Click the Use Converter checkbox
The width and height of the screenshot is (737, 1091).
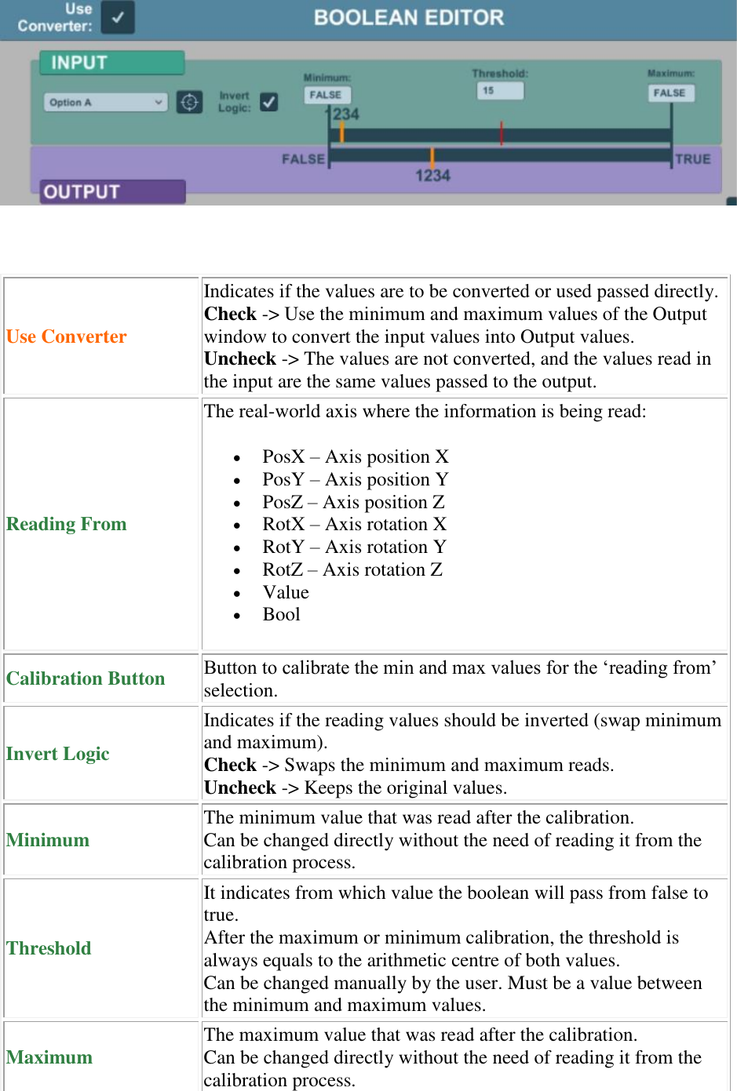click(x=118, y=17)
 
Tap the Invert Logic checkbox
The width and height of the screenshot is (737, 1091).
click(x=268, y=102)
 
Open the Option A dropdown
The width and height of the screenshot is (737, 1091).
click(x=105, y=102)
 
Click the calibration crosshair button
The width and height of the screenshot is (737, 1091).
click(x=189, y=102)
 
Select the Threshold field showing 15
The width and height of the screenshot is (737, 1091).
click(x=500, y=91)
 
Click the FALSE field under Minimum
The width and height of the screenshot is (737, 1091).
click(x=326, y=95)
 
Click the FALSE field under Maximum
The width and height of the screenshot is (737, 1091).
click(x=670, y=93)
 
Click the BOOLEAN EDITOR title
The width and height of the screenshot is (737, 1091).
click(x=408, y=17)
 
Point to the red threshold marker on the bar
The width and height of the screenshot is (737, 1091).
click(x=502, y=133)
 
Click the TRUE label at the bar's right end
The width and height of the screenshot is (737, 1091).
click(x=692, y=159)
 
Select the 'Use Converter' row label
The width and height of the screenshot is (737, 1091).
click(x=67, y=336)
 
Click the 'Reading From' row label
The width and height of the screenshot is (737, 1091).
click(x=67, y=524)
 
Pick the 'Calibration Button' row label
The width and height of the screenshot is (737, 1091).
click(x=86, y=678)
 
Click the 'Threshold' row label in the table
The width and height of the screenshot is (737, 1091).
click(x=49, y=948)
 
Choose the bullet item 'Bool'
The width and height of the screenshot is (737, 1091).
click(x=281, y=614)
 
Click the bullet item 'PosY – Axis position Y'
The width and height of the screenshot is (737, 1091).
click(x=355, y=479)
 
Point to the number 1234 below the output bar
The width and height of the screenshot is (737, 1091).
click(x=432, y=176)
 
